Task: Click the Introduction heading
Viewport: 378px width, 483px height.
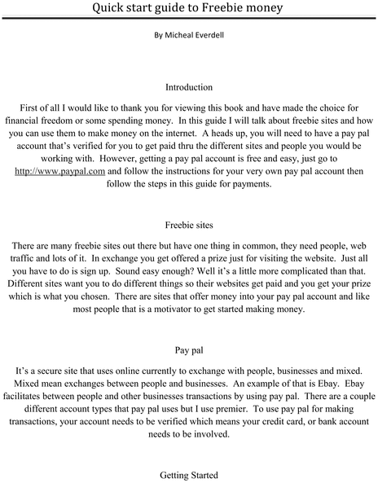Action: [x=188, y=86]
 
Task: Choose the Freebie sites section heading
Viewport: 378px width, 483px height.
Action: [x=188, y=222]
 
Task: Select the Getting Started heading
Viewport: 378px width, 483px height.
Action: [x=188, y=472]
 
